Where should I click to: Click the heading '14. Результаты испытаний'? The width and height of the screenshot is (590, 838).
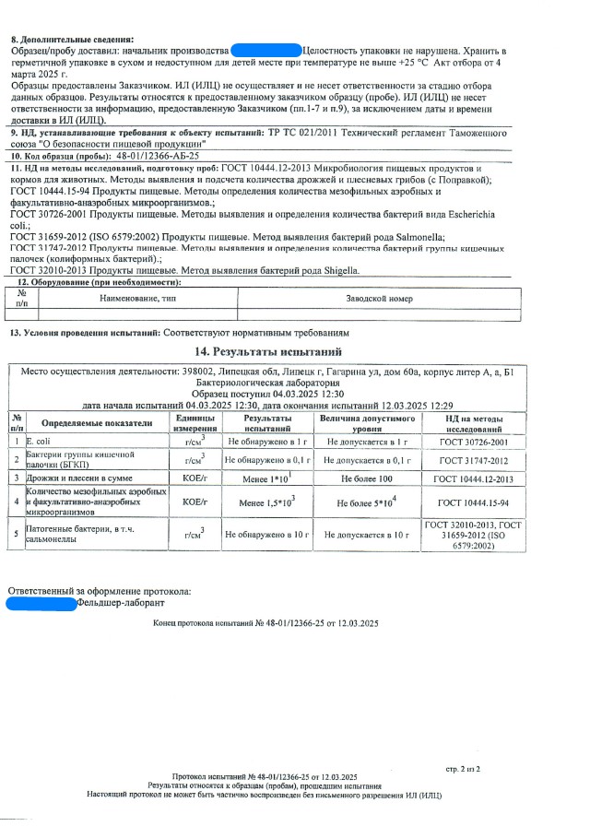pyautogui.click(x=268, y=352)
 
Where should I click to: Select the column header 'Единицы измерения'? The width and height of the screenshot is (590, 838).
pyautogui.click(x=195, y=423)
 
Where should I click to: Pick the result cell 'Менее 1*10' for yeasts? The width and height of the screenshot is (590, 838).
pyautogui.click(x=265, y=479)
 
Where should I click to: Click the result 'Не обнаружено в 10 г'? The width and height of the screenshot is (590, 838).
pyautogui.click(x=265, y=534)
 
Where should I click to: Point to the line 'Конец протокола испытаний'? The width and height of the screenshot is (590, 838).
pyautogui.click(x=265, y=624)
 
